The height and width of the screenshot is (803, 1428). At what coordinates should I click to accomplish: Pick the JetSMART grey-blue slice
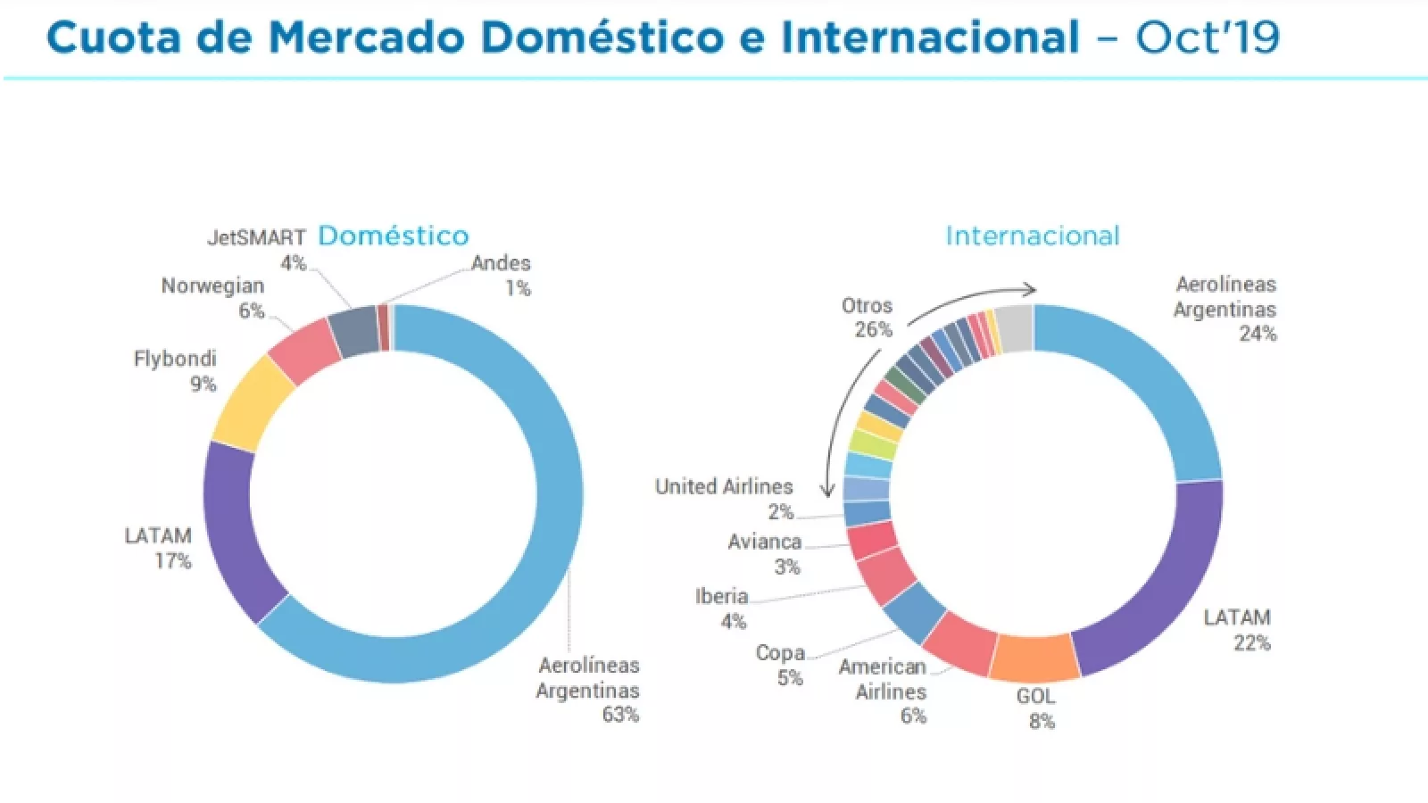click(353, 331)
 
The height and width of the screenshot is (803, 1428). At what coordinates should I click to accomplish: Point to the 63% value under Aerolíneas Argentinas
click(620, 715)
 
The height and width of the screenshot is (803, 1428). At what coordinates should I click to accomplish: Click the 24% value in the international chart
click(1258, 334)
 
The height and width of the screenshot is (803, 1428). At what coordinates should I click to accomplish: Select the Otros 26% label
click(867, 318)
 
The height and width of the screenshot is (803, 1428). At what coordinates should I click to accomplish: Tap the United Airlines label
click(724, 487)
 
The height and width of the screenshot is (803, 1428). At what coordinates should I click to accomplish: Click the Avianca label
click(765, 542)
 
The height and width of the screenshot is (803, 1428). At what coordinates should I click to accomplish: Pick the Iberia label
click(721, 597)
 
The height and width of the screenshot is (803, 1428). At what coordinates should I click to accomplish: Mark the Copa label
click(780, 653)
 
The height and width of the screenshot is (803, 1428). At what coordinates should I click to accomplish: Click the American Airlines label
click(882, 679)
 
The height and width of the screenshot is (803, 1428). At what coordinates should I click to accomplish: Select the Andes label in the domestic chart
click(501, 263)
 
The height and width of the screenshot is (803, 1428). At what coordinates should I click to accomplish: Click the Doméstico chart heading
click(393, 236)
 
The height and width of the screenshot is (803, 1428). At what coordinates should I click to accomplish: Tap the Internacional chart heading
click(1033, 236)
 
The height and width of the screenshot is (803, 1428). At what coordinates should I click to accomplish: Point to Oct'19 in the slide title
click(1208, 37)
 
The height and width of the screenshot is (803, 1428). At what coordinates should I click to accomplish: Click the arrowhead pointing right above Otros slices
click(1029, 289)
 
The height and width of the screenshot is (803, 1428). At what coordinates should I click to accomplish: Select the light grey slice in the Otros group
click(1014, 327)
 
